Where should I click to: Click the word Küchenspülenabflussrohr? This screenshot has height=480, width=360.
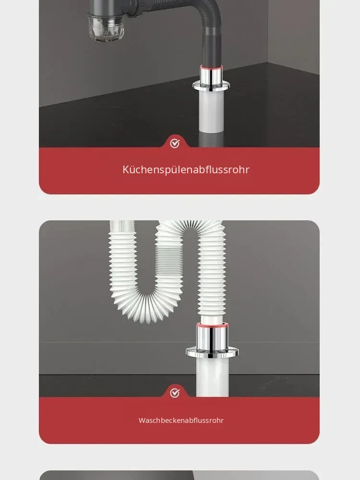coord(186,169)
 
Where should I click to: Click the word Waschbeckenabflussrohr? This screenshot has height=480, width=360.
coord(181,420)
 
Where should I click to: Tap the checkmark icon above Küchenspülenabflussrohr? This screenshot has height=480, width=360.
coord(175,143)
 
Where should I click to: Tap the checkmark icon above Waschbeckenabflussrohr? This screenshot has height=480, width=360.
coord(175,393)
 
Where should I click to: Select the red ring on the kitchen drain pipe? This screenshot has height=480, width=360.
coord(211,67)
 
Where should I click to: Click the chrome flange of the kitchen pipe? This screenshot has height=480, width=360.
coord(211,86)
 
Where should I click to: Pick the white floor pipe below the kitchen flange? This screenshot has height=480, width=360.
coord(212,112)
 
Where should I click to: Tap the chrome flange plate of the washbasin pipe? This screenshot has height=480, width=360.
coord(212,352)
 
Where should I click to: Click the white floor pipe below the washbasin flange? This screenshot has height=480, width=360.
coord(212,377)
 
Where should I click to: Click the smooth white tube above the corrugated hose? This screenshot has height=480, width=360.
coord(122,227)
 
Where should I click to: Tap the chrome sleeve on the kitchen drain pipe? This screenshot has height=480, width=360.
coord(211,75)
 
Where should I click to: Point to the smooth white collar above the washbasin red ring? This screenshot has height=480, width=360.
coord(212,319)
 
